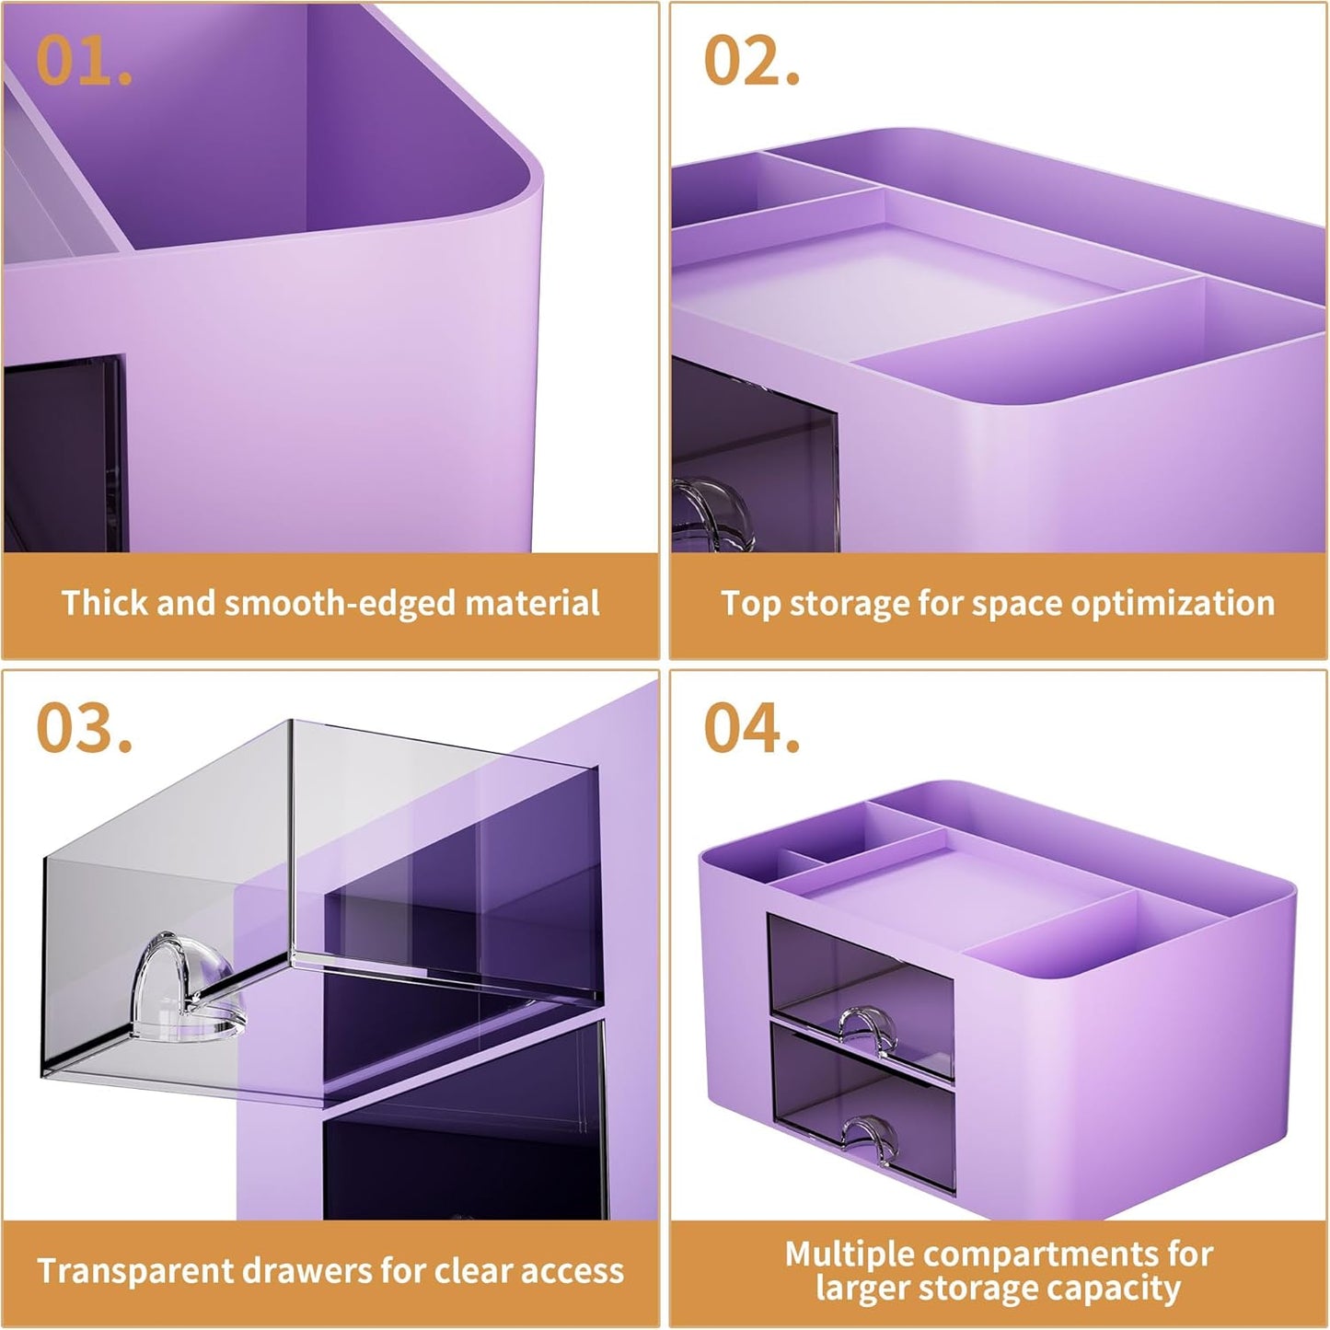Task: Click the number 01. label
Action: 84,62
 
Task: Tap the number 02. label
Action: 751,62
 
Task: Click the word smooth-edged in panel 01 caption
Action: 341,604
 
